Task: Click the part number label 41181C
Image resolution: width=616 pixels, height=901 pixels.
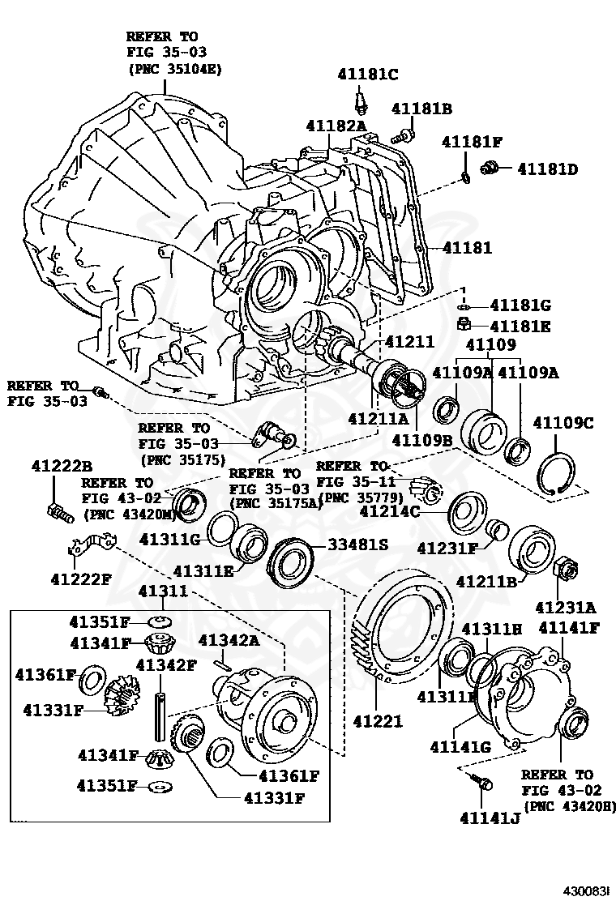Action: coord(367,75)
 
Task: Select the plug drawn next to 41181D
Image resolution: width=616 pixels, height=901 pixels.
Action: coord(489,168)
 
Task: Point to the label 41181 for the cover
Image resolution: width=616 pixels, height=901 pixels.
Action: coord(467,248)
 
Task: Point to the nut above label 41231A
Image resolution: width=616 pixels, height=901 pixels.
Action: coord(564,570)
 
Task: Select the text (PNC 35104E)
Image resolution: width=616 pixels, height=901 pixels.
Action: coord(174,69)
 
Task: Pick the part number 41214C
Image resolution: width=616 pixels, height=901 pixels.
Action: coord(390,511)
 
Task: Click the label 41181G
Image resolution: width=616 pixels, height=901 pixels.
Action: coord(521,305)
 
